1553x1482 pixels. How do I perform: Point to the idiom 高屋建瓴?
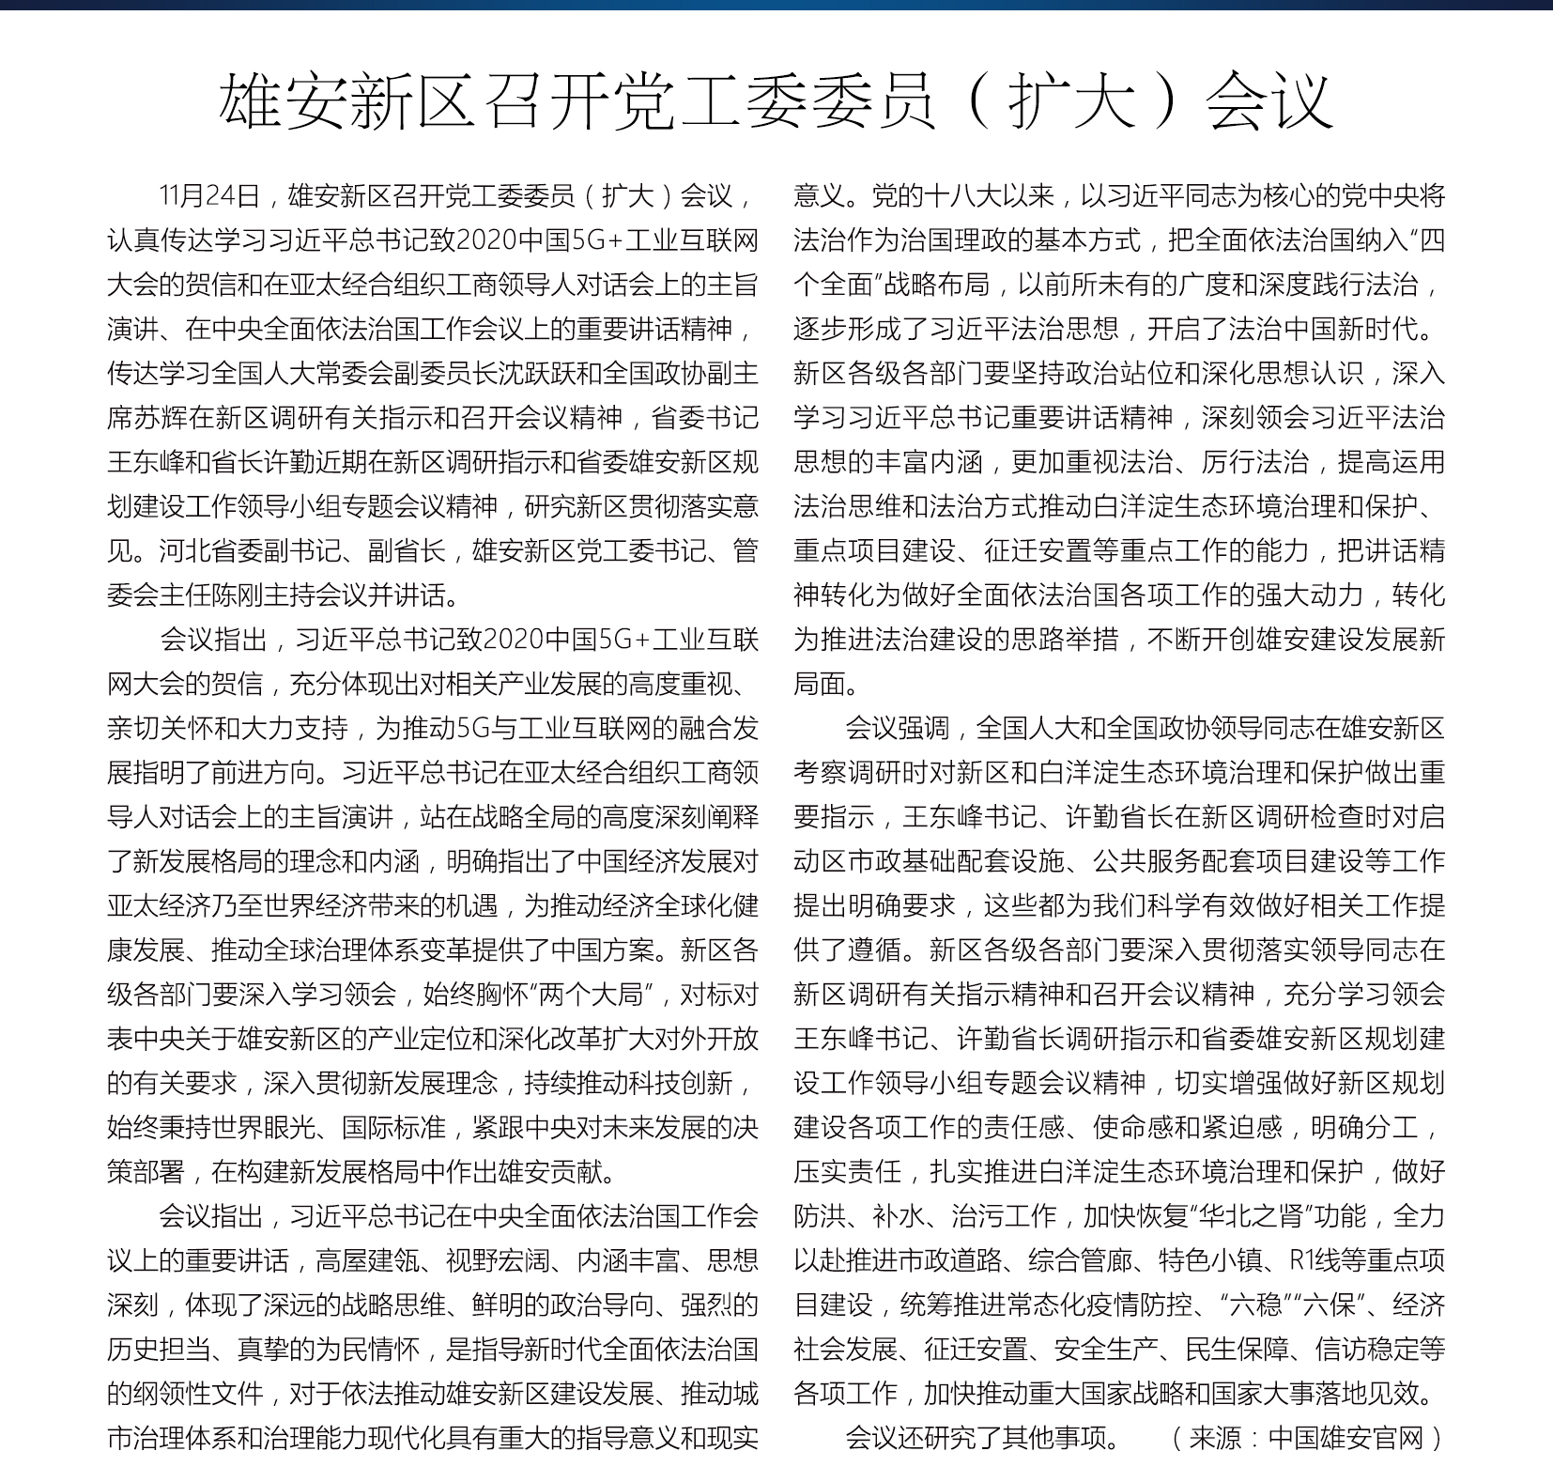click(x=367, y=1260)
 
